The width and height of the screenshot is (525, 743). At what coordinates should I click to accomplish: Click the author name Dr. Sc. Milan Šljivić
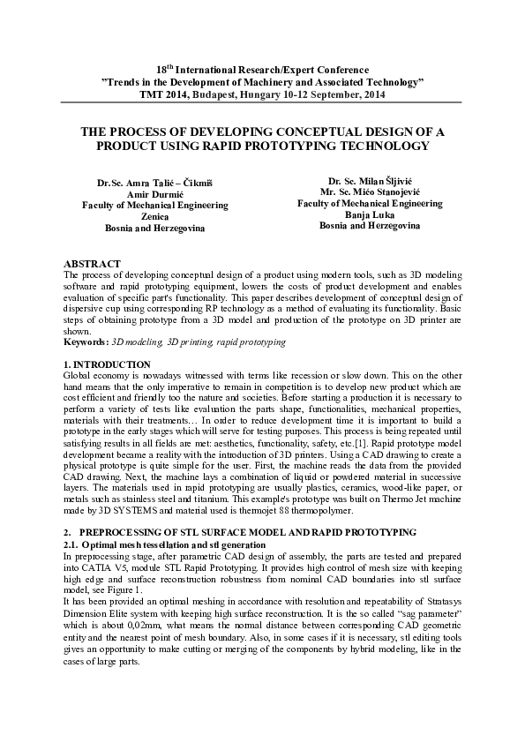(370, 180)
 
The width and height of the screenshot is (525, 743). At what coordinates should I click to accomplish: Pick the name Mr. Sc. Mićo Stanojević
(370, 191)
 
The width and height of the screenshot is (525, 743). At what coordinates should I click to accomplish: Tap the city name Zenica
(154, 216)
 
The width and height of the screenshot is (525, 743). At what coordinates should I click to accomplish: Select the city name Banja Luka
(370, 214)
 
